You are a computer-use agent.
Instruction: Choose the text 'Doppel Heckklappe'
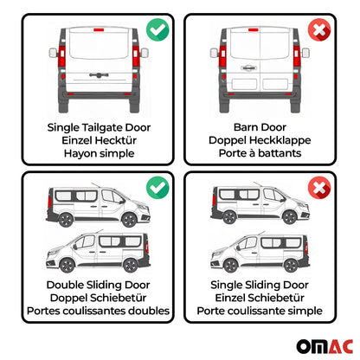coord(264,141)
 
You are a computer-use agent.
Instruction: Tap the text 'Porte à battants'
coord(264,155)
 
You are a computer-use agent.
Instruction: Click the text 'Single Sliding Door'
coord(264,285)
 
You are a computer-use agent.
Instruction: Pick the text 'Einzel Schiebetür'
coord(264,299)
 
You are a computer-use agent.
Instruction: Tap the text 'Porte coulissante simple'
coord(264,312)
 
